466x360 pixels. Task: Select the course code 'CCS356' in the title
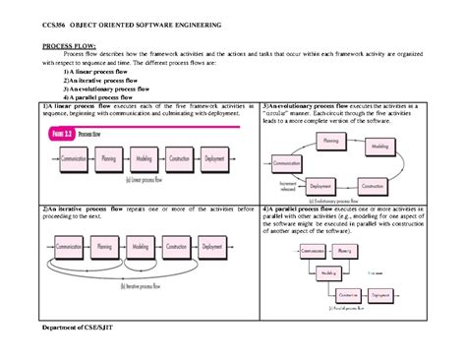click(x=47, y=22)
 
